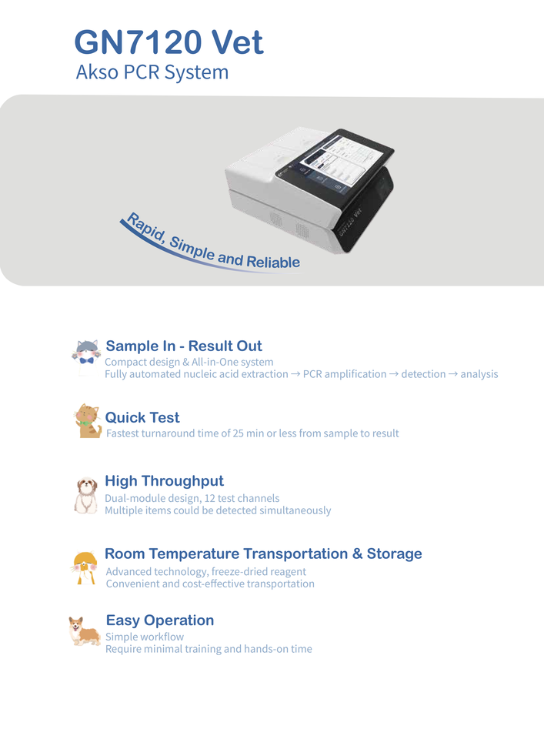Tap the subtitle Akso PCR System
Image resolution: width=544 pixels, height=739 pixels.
(x=152, y=72)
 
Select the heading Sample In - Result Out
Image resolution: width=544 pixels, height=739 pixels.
(x=184, y=346)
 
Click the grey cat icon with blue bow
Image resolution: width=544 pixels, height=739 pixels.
(x=85, y=353)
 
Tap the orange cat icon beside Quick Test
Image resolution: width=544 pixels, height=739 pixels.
(x=88, y=421)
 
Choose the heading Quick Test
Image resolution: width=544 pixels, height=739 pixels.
(x=142, y=417)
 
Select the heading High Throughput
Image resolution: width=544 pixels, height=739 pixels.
(x=164, y=481)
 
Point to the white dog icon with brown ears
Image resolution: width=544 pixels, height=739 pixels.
(x=85, y=495)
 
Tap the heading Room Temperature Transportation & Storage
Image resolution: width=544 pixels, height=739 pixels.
(x=263, y=553)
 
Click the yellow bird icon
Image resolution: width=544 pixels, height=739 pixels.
(x=85, y=567)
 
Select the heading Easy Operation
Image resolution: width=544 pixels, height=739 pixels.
(x=160, y=620)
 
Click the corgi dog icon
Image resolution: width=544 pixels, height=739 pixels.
(x=84, y=631)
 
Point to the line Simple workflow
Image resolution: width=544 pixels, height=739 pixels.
(x=145, y=637)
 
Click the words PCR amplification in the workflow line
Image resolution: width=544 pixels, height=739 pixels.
(x=345, y=374)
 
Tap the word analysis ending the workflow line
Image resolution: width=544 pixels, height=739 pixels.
(x=479, y=374)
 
